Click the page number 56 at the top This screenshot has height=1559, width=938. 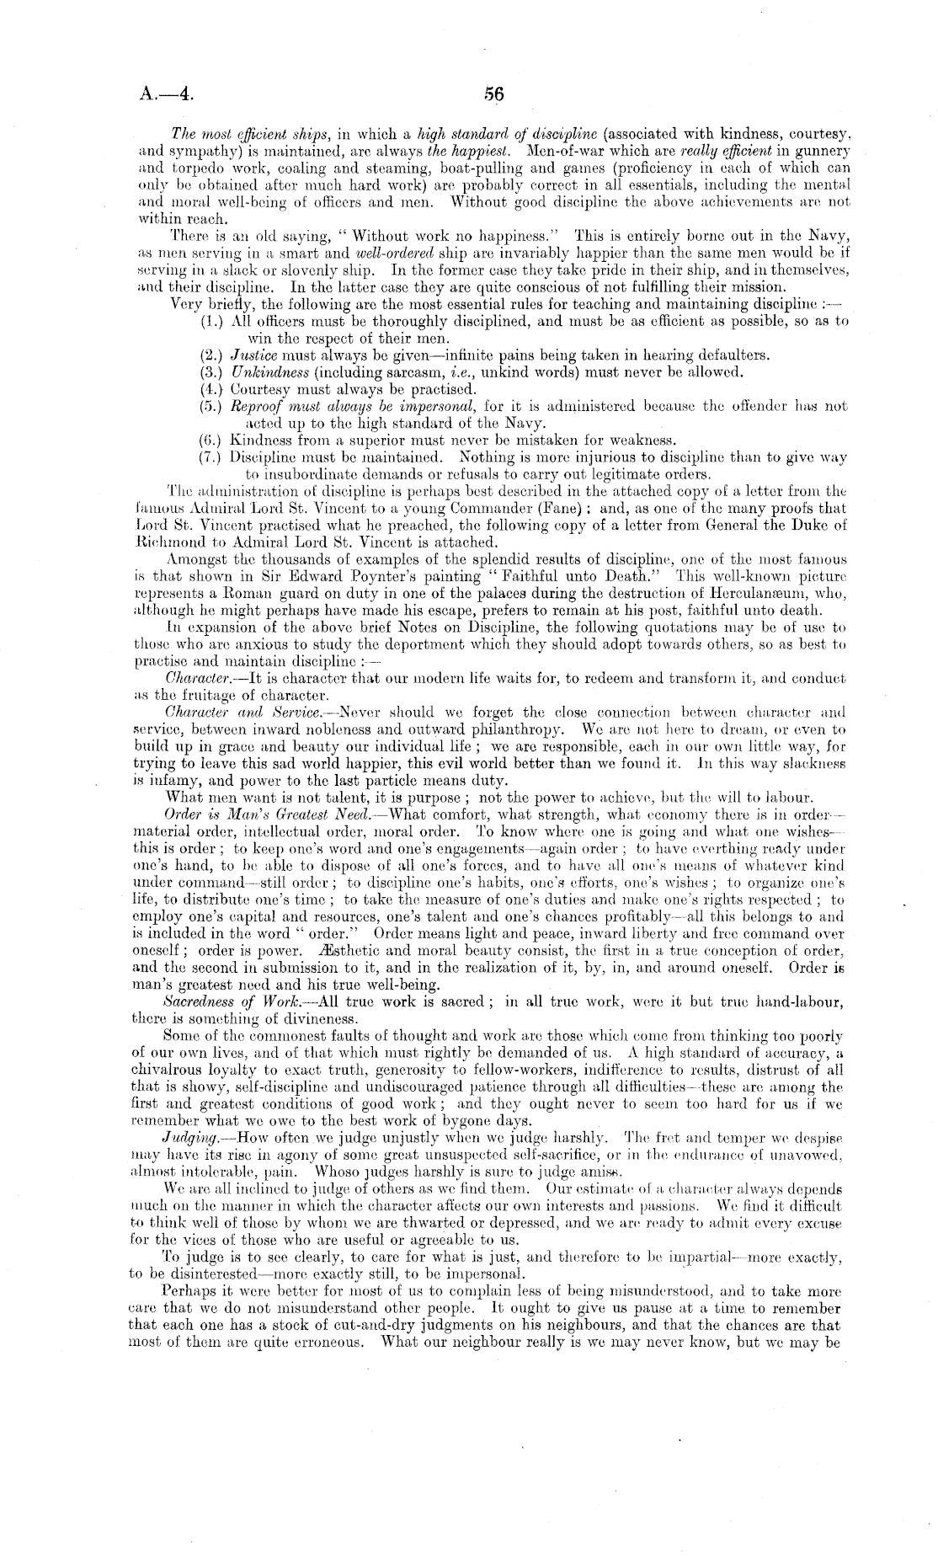coord(493,94)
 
